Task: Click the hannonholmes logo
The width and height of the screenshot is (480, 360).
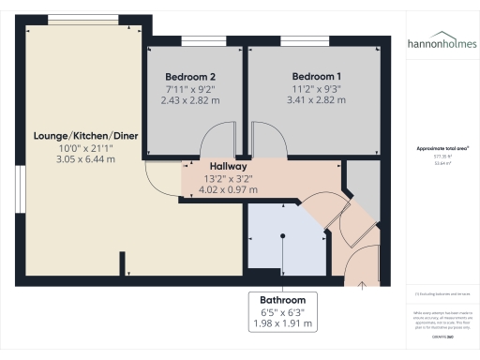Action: pyautogui.click(x=441, y=43)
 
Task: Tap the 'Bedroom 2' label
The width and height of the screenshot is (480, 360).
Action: pyautogui.click(x=191, y=76)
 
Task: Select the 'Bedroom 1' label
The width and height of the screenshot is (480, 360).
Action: pyautogui.click(x=316, y=76)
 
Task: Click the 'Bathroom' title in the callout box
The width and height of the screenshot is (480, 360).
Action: pyautogui.click(x=282, y=300)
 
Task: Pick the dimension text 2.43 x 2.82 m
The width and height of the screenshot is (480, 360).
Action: pyautogui.click(x=191, y=99)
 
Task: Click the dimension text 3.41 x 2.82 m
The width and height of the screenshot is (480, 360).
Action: pyautogui.click(x=316, y=99)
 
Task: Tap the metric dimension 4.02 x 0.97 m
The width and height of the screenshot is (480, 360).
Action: pyautogui.click(x=228, y=188)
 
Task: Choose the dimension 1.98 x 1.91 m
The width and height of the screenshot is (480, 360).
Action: pyautogui.click(x=282, y=323)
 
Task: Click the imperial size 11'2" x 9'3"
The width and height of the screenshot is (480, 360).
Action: pyautogui.click(x=316, y=88)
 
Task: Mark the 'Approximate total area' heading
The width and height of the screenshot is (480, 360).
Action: pyautogui.click(x=442, y=148)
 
